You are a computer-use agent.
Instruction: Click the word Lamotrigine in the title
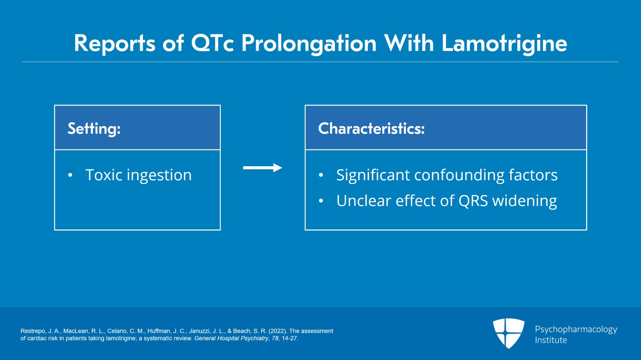pyautogui.click(x=504, y=43)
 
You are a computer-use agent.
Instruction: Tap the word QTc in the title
pyautogui.click(x=212, y=43)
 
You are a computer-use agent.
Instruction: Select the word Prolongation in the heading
pyautogui.click(x=309, y=43)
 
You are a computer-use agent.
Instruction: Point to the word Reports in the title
pyautogui.click(x=115, y=43)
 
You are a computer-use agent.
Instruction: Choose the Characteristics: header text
pyautogui.click(x=371, y=129)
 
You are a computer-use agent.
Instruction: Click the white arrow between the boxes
pyautogui.click(x=262, y=168)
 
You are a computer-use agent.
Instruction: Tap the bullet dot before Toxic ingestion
pyautogui.click(x=70, y=175)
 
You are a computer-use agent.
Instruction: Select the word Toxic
pyautogui.click(x=103, y=175)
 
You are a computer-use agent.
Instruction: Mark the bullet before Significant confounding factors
pyautogui.click(x=321, y=175)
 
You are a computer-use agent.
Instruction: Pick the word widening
pyautogui.click(x=524, y=201)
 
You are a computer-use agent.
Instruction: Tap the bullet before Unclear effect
pyautogui.click(x=321, y=201)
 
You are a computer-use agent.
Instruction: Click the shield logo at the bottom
pyautogui.click(x=508, y=333)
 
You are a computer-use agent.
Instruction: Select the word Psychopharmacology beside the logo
pyautogui.click(x=576, y=330)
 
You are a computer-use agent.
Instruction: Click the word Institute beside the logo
pyautogui.click(x=551, y=340)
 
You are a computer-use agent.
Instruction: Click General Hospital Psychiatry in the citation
pyautogui.click(x=231, y=338)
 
